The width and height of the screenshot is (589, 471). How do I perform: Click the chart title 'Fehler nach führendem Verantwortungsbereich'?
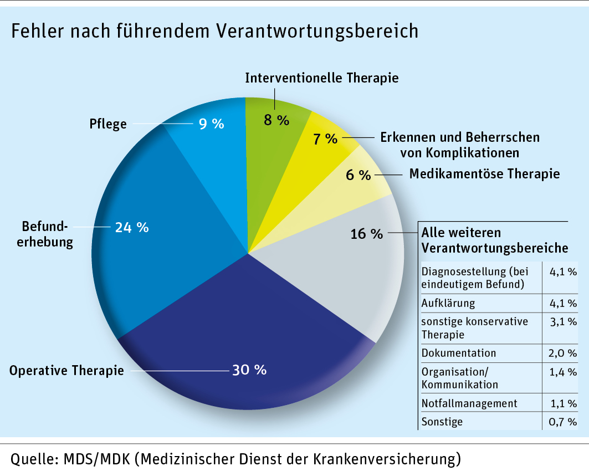(214, 32)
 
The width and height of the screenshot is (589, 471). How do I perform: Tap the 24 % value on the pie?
(132, 227)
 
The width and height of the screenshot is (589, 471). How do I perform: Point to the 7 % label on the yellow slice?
(325, 139)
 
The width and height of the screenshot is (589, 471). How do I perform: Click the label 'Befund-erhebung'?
(47, 234)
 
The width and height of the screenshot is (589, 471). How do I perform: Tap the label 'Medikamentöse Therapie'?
(484, 174)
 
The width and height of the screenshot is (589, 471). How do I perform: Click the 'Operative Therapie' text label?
(66, 370)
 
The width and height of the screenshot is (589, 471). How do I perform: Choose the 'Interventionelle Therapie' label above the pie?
(322, 78)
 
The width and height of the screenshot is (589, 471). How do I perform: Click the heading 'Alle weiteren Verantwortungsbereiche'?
(495, 239)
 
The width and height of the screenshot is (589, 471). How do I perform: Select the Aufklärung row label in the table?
(448, 303)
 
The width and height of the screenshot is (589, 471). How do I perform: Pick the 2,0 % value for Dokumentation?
(562, 353)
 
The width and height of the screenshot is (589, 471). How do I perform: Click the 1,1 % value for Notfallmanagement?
(562, 403)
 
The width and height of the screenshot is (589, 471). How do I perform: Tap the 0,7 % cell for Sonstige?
(562, 422)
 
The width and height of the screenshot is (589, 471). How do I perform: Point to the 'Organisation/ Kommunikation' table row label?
(459, 377)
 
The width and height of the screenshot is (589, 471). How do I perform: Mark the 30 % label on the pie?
(249, 370)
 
